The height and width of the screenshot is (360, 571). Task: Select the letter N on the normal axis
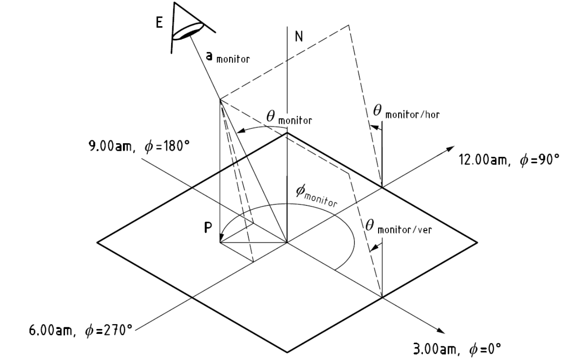point(299,36)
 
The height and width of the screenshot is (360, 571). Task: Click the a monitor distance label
point(228,57)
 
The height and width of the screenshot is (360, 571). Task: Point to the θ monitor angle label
point(289,118)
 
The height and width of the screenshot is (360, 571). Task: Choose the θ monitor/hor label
point(406,112)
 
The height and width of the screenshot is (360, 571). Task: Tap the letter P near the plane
point(208,228)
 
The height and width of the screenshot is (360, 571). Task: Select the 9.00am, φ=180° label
point(139,146)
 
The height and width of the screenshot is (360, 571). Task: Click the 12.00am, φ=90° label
point(509,160)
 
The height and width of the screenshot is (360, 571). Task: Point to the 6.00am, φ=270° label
point(80,330)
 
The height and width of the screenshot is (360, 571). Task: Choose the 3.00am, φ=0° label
point(457,349)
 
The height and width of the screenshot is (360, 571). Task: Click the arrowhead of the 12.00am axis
point(450,149)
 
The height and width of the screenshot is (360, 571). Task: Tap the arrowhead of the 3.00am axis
point(441,330)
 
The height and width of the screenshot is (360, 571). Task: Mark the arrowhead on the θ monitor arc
point(241,130)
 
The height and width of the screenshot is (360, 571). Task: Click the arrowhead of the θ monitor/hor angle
point(374,127)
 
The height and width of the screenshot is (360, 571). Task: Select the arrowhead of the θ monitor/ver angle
point(374,248)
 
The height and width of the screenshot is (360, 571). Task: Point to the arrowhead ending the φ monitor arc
point(222,238)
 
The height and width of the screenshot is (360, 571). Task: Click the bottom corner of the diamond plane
point(287,352)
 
